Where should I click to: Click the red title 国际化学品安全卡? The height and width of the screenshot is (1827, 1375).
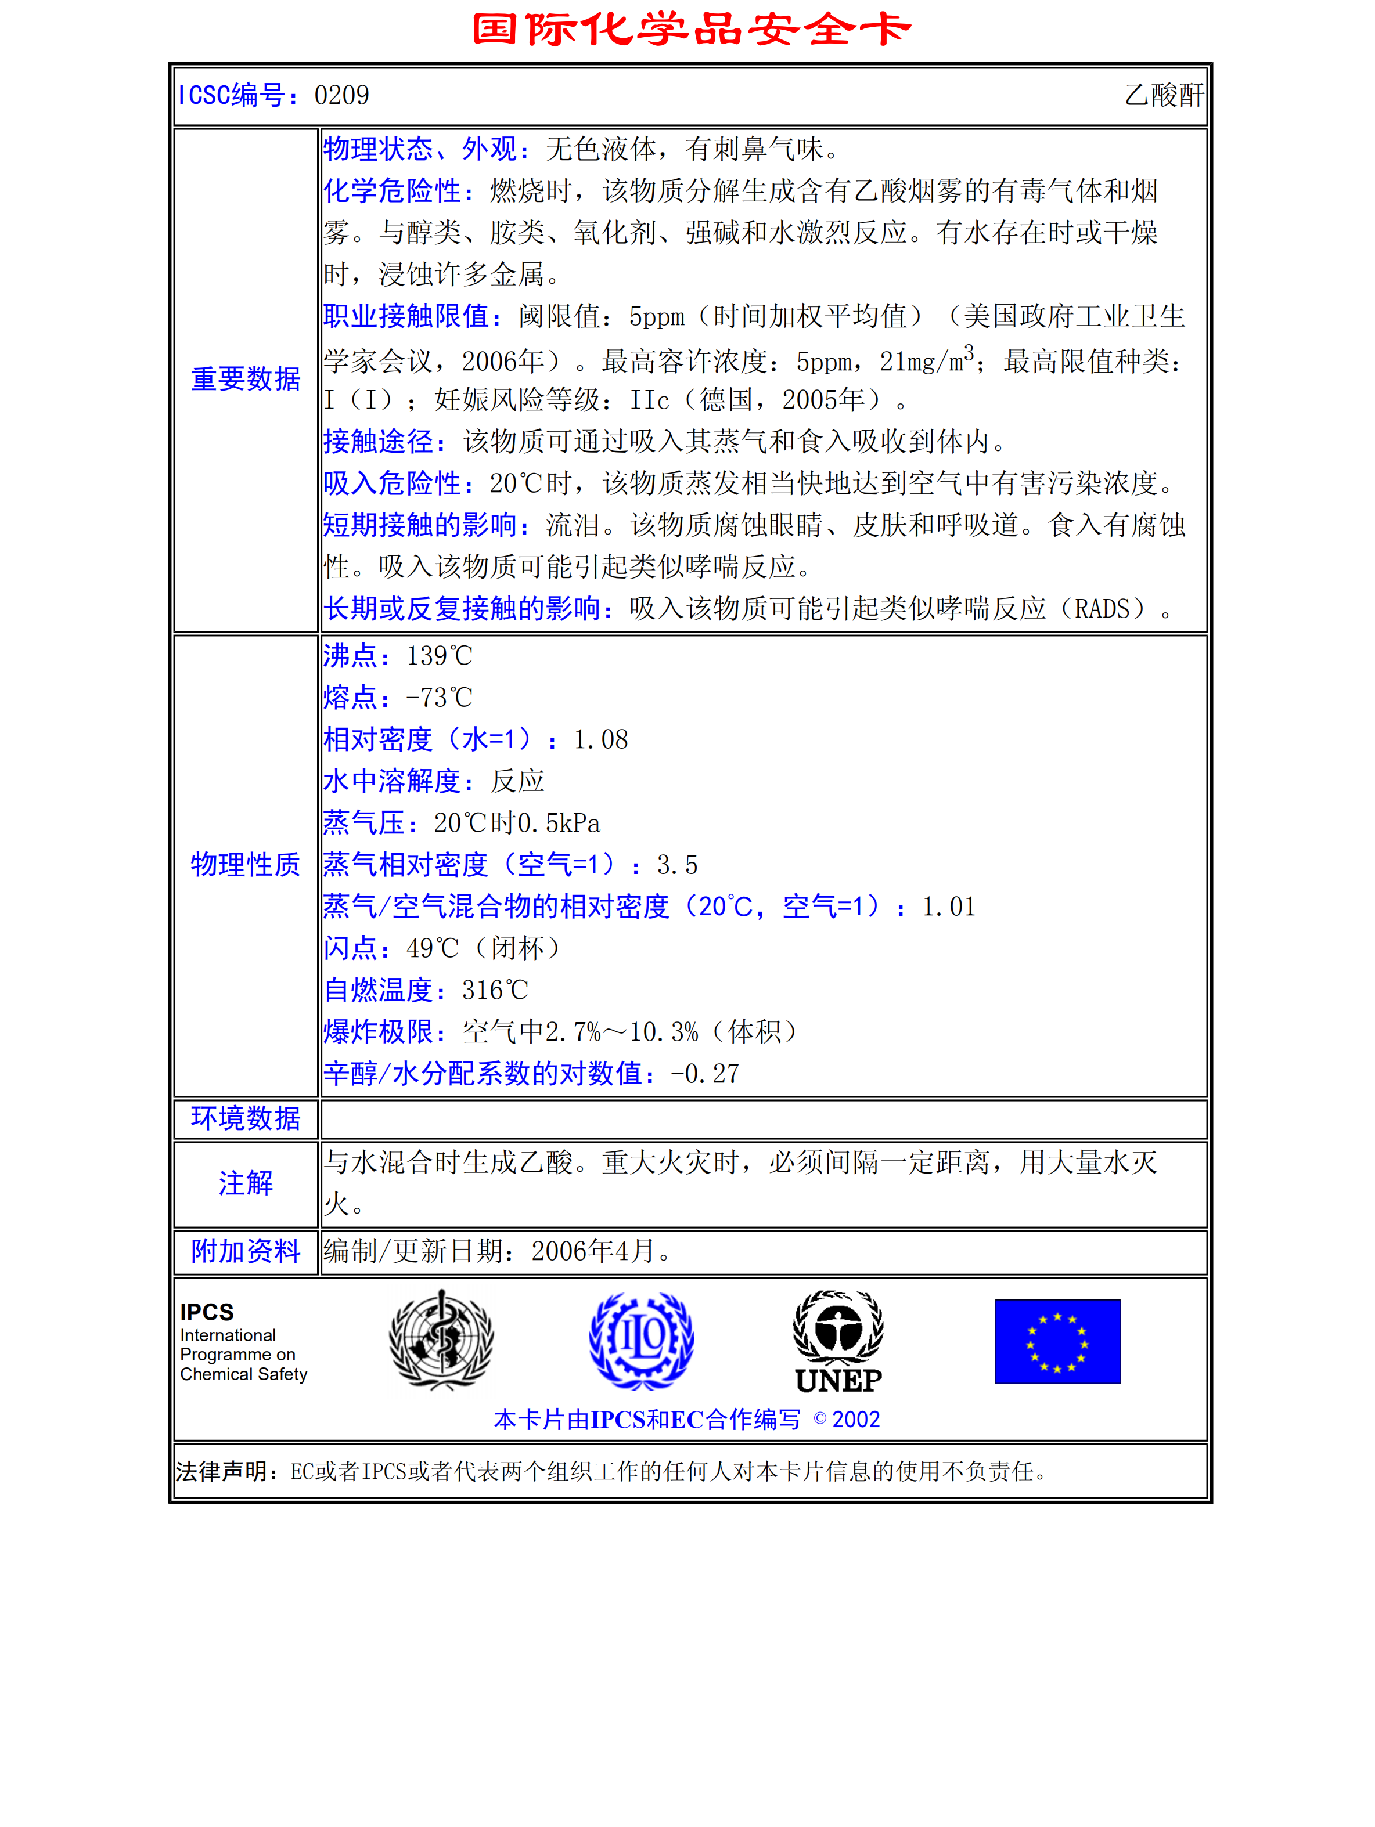click(x=691, y=29)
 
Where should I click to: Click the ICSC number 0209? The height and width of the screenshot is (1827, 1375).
click(x=341, y=96)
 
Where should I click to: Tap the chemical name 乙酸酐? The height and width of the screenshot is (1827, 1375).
click(x=1164, y=96)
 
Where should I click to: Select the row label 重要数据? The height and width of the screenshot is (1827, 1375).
click(x=246, y=379)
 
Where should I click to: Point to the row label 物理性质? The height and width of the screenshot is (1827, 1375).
click(x=246, y=865)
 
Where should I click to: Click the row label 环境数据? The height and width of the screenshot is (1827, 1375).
click(x=246, y=1118)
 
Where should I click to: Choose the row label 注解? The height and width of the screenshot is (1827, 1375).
click(x=246, y=1183)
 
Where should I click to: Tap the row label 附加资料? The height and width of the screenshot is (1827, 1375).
click(x=246, y=1251)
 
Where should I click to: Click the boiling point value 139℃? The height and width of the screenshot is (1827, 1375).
click(x=439, y=656)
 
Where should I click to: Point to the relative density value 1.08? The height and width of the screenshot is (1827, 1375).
click(x=601, y=740)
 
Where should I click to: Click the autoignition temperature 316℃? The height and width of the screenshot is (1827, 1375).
click(x=494, y=990)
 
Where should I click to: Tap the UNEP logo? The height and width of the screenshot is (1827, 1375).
click(x=838, y=1342)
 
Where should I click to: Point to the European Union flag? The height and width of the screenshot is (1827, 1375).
click(x=1057, y=1341)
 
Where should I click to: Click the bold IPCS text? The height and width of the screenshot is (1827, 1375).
click(x=207, y=1312)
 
